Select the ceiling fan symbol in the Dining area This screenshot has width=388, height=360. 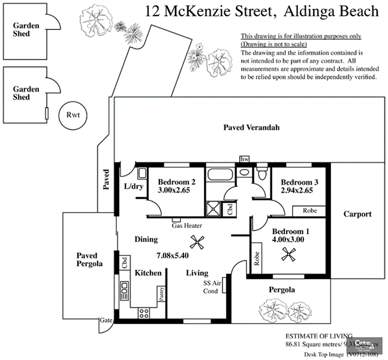196,242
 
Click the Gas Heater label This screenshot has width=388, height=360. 187,226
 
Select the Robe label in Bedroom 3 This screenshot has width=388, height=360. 309,211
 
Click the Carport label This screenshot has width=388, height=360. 357,214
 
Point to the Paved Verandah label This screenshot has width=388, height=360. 251,128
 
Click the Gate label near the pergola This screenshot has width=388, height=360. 106,321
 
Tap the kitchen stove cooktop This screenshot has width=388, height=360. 144,312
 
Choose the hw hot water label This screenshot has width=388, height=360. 245,158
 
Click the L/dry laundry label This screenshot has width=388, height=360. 133,186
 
